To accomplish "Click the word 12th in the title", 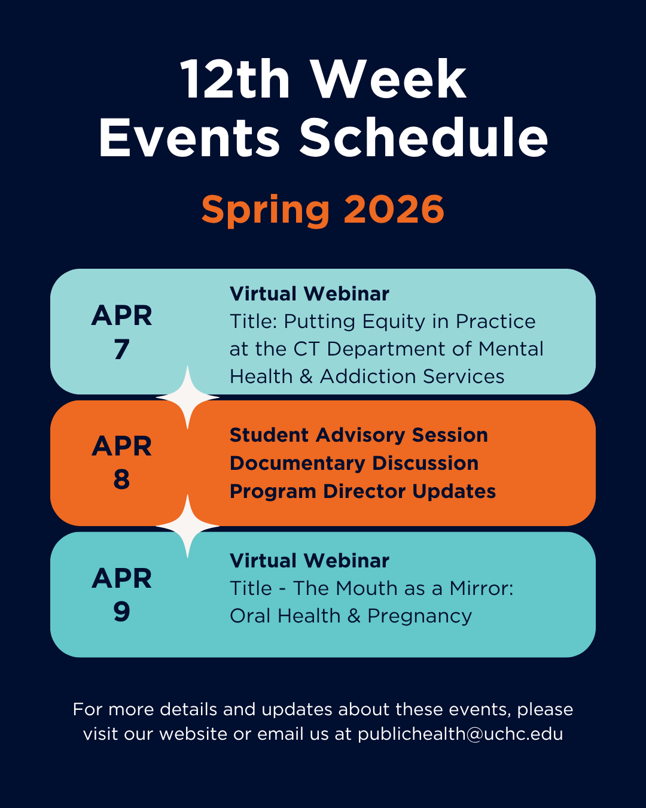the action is click(x=235, y=80).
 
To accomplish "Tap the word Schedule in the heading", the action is click(x=423, y=138).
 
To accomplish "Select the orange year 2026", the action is click(x=394, y=209).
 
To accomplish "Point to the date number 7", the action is click(x=121, y=349).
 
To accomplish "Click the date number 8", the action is click(x=121, y=479).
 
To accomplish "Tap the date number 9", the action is click(x=121, y=612).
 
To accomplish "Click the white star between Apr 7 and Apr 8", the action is click(x=187, y=397).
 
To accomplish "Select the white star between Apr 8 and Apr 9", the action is click(x=187, y=526).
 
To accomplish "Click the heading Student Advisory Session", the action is click(x=358, y=436).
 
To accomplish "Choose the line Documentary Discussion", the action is click(x=354, y=463).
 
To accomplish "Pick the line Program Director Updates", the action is click(x=362, y=491).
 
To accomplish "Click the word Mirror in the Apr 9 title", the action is click(x=482, y=588).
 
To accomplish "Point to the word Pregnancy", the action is click(x=419, y=618).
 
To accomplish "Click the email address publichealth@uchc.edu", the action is click(x=460, y=734).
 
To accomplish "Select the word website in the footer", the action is click(x=193, y=734).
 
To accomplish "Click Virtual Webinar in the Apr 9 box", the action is click(x=309, y=561).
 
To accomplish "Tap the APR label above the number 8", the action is click(x=121, y=446).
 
